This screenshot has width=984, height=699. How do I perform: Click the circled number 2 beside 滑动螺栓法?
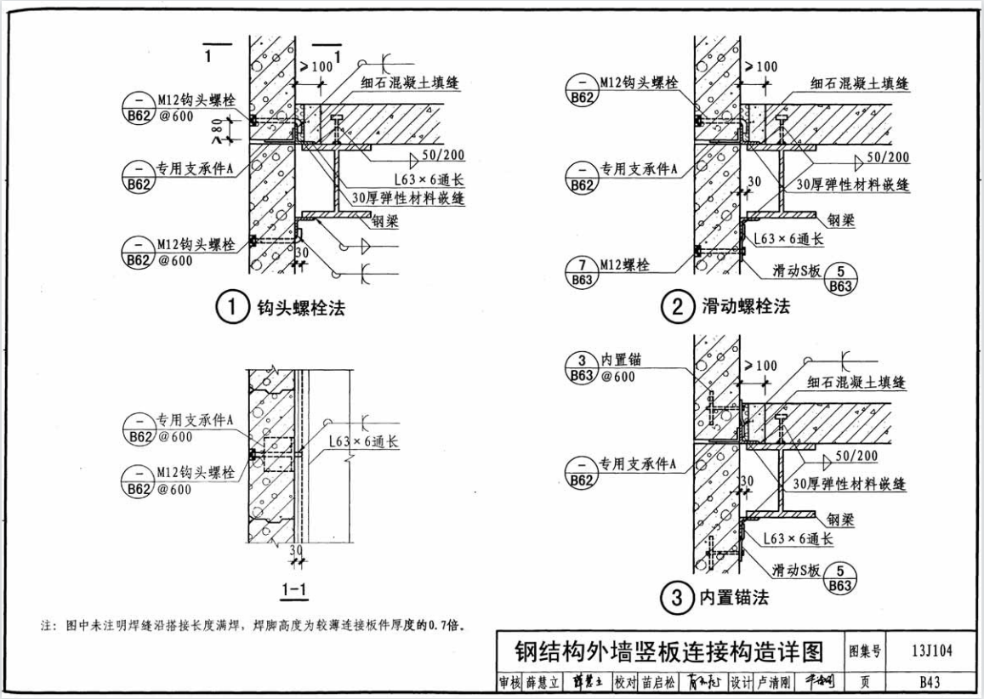(x=678, y=307)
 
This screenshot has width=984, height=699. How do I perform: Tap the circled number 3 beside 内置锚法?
(x=678, y=599)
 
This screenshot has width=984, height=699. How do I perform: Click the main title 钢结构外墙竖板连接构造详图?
(x=669, y=652)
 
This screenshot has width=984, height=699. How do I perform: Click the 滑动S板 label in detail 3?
(x=795, y=571)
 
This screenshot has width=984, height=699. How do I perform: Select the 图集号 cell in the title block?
(x=864, y=651)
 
